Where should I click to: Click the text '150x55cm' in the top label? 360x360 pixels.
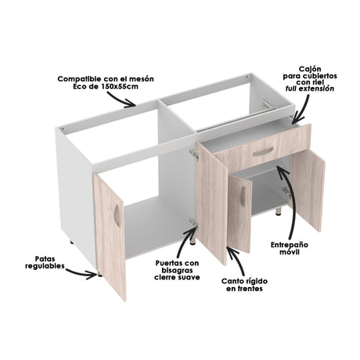[117, 88]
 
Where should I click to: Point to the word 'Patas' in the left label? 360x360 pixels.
[45, 258]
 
